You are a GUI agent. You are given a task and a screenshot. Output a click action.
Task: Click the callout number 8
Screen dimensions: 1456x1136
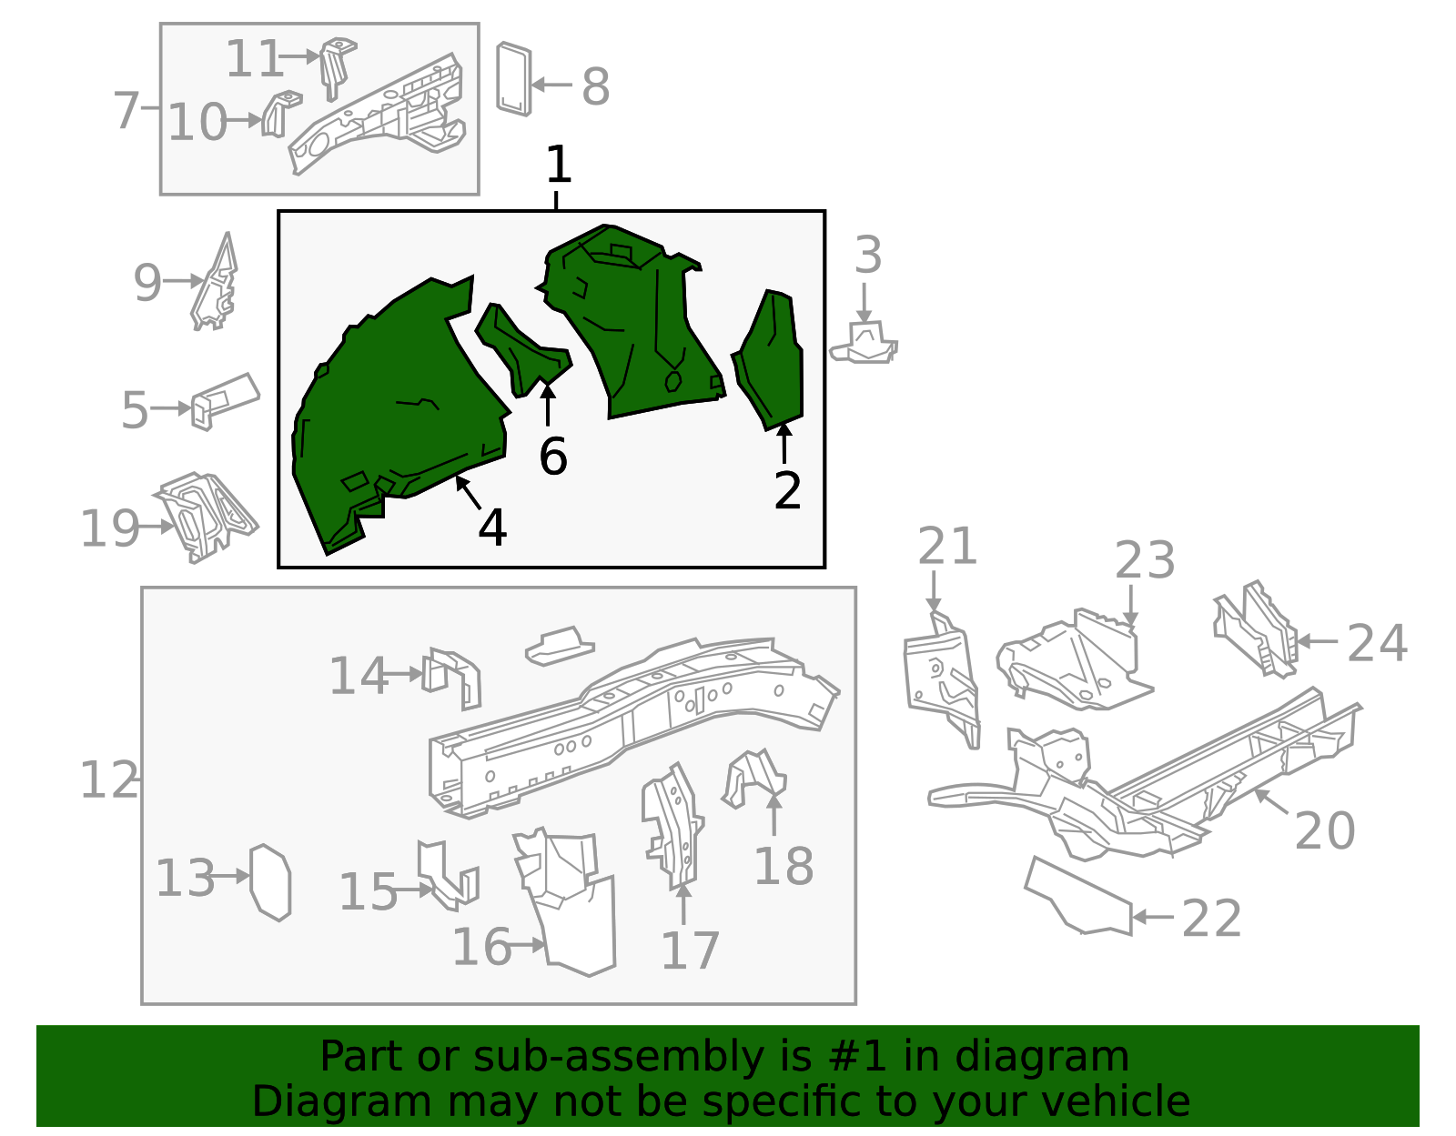(596, 86)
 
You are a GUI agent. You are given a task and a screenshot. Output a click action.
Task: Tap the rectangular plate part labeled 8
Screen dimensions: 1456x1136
(514, 79)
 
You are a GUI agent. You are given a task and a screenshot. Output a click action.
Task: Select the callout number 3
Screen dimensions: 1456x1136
(868, 255)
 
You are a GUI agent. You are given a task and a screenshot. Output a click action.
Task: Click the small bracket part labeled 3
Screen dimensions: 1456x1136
(864, 343)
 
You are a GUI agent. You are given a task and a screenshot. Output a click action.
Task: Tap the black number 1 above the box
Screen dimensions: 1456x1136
(558, 164)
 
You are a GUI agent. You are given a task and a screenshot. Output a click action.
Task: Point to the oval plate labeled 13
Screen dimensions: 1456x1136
(270, 882)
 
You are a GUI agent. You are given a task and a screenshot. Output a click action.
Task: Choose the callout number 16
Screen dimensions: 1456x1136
(482, 947)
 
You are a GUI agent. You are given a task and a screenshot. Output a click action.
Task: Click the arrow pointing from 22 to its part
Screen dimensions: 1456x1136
(1152, 917)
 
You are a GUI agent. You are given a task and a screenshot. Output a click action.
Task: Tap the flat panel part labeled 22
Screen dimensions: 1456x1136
(1078, 897)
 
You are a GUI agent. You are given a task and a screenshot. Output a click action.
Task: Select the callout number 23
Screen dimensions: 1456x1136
(1145, 559)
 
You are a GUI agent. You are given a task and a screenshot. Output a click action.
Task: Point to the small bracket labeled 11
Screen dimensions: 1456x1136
(337, 67)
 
